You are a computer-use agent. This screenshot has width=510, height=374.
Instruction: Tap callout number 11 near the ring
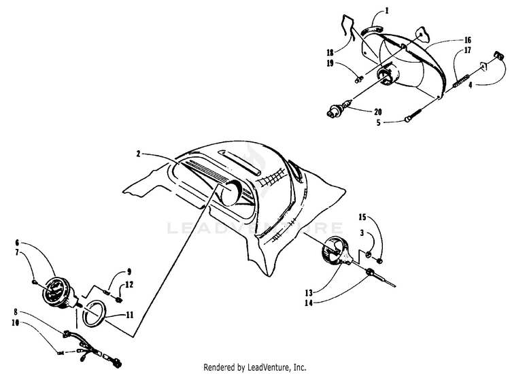click(x=130, y=315)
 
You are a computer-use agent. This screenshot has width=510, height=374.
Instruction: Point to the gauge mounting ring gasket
click(x=93, y=314)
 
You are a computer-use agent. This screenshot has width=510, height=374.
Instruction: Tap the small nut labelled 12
click(x=118, y=298)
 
